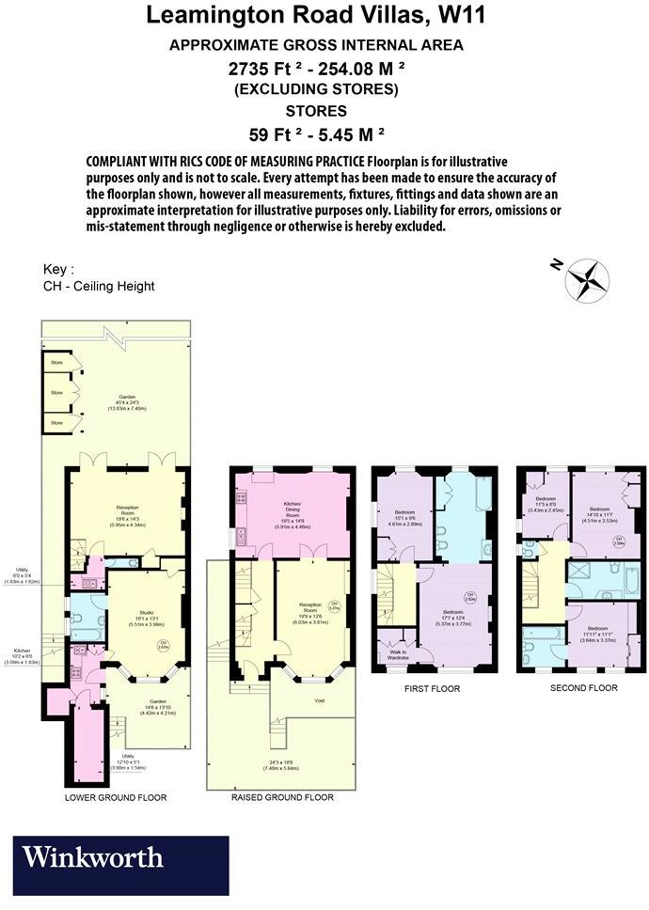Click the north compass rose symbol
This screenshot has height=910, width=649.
point(587,279)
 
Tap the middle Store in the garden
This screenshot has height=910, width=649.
point(56,392)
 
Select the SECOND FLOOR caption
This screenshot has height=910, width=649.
point(583,688)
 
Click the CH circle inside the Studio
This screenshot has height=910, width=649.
point(163,644)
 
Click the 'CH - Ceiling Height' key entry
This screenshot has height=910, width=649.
point(99,286)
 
